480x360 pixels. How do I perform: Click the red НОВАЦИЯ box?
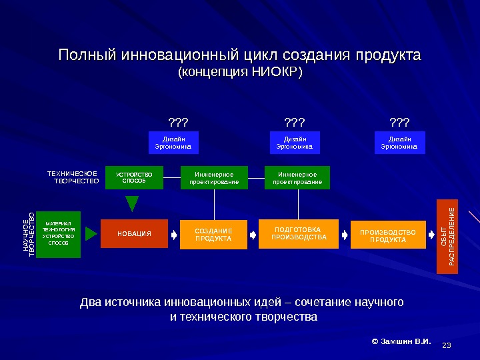134,233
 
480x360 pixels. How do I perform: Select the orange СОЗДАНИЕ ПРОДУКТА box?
213,235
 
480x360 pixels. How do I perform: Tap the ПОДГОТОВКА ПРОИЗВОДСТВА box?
299,233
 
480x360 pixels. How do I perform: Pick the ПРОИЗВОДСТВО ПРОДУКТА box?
387,235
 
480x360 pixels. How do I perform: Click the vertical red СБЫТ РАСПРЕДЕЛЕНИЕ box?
447,236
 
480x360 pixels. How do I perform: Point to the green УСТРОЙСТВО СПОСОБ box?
134,177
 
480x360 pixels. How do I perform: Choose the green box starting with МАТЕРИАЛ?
59,234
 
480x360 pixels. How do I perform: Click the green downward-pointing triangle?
133,203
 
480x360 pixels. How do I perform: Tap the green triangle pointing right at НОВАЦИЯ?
91,234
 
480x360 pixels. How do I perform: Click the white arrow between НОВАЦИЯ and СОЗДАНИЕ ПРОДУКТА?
173,235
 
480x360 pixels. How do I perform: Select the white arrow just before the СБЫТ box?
431,235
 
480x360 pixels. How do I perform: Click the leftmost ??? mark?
177,123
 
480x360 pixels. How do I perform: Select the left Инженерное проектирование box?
214,177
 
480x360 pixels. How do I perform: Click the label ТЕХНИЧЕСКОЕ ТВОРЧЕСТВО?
73,177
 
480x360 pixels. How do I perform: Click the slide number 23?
447,345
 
